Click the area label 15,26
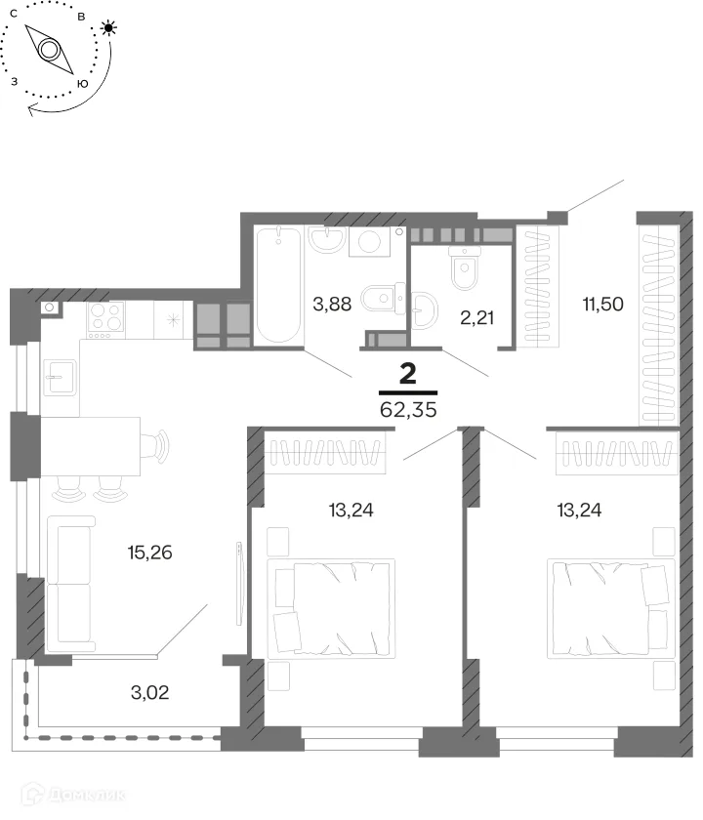(149, 553)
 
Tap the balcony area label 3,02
(149, 692)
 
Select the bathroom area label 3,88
(332, 304)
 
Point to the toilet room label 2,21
(477, 317)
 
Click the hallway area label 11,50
(603, 304)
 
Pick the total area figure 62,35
(408, 409)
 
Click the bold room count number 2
(408, 374)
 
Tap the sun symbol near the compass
(108, 27)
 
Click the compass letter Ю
(82, 84)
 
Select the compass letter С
(14, 14)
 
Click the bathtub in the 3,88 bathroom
(278, 285)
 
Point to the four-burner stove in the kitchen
(106, 320)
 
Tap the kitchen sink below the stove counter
(61, 377)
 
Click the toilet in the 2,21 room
(465, 266)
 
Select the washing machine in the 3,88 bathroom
(370, 242)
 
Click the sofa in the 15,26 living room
(70, 584)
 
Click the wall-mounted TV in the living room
(239, 583)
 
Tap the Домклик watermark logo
(73, 796)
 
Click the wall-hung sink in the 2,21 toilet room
(424, 310)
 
